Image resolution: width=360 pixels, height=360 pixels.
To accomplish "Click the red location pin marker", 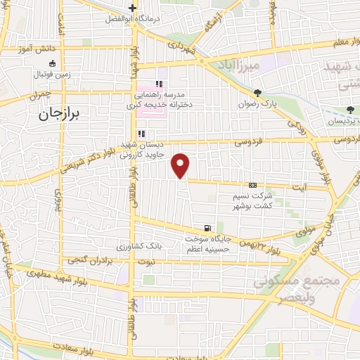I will pyautogui.click(x=181, y=165).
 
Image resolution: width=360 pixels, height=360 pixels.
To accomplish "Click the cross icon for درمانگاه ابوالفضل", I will pyautogui.click(x=131, y=8).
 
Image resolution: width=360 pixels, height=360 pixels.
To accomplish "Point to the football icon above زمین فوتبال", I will pyautogui.click(x=53, y=63).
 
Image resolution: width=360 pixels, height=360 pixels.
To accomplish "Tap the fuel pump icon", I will pyautogui.click(x=207, y=228).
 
